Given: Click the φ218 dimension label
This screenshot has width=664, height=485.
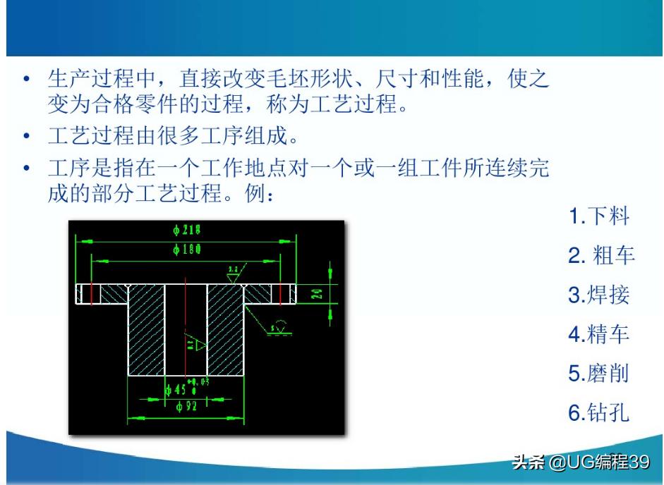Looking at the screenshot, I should tap(187, 231).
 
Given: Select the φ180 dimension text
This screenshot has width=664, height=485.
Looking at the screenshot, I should tap(187, 250).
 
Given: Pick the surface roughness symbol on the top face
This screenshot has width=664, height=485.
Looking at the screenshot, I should tap(234, 271).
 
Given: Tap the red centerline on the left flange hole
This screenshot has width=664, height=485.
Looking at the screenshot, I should tap(92, 293).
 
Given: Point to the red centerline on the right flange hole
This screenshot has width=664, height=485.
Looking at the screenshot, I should tap(280, 293).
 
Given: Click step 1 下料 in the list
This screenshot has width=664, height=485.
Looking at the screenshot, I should tap(598, 216).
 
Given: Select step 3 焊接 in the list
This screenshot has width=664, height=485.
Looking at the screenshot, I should tap(598, 295).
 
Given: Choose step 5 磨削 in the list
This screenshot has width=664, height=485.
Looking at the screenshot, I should tap(598, 373).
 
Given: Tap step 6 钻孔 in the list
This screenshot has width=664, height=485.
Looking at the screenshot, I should tap(598, 412).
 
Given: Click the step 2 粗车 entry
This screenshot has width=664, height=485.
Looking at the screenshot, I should tap(601, 255).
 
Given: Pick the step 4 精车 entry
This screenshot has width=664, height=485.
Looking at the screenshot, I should tap(598, 333).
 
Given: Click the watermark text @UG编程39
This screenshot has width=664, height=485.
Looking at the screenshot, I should tap(599, 462).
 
